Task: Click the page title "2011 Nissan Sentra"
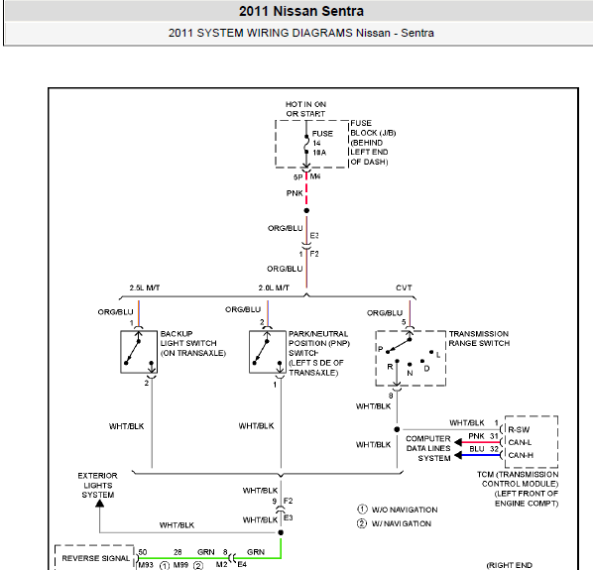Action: tap(301, 11)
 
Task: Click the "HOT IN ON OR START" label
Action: tap(305, 109)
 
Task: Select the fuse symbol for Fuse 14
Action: tap(306, 144)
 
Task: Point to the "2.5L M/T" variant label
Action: tap(145, 287)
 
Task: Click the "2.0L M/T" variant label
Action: tap(274, 287)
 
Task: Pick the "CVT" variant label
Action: tap(404, 287)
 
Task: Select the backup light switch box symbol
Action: tap(139, 352)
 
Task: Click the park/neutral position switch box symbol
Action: tap(268, 352)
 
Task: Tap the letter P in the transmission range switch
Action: tap(381, 349)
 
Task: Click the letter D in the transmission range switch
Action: tap(426, 368)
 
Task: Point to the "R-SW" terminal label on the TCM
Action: tap(519, 429)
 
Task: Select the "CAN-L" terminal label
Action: tap(520, 442)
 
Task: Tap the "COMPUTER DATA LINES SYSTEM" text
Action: tap(428, 448)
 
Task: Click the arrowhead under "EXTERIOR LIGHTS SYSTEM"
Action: tap(99, 504)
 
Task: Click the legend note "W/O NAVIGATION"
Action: tap(405, 510)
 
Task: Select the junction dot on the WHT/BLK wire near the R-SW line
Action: tap(397, 429)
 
